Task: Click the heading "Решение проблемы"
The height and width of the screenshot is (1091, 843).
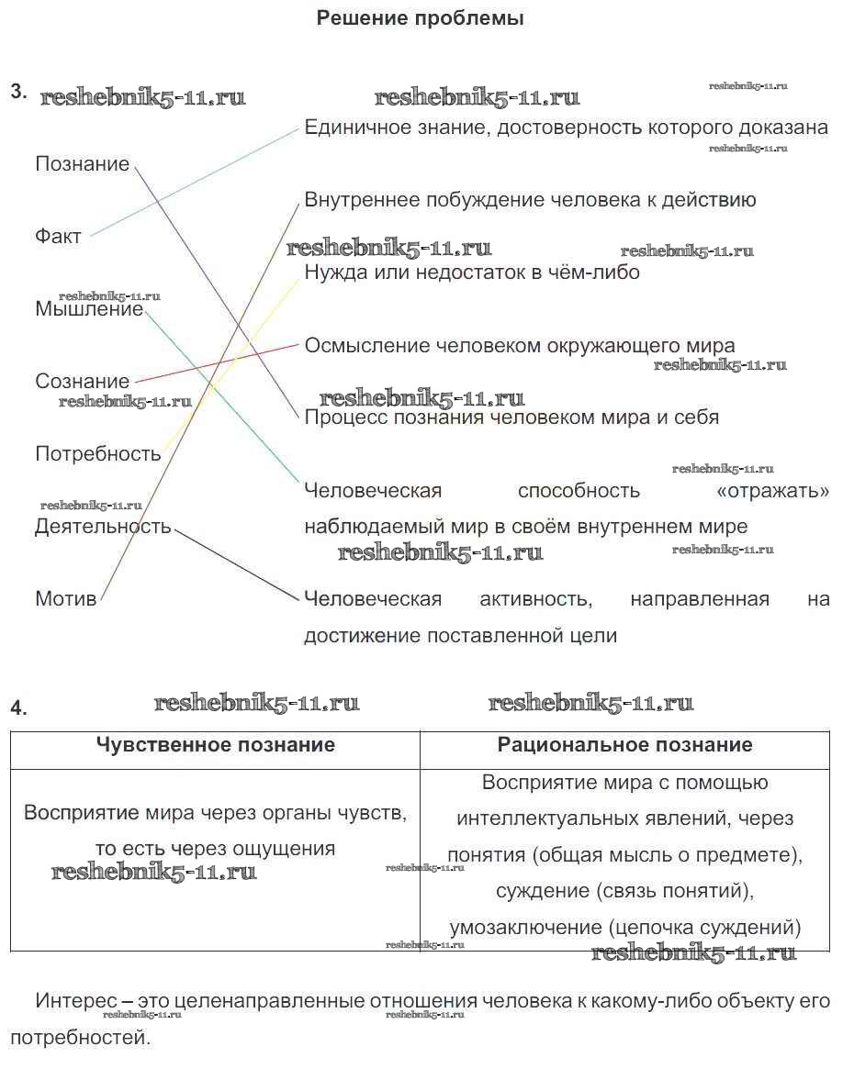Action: (x=420, y=18)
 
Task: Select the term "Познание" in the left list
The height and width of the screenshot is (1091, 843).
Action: (x=83, y=164)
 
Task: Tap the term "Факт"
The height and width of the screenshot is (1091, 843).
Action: (x=59, y=237)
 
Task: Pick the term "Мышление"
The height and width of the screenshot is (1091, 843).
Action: (x=89, y=309)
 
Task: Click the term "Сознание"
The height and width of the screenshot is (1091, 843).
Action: (x=83, y=381)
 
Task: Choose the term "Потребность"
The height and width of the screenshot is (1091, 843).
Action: (x=98, y=453)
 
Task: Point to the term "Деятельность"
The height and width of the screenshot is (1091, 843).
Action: (x=103, y=527)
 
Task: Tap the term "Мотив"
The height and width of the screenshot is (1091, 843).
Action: (x=65, y=599)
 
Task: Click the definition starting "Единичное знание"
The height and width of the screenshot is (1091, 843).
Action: (x=566, y=128)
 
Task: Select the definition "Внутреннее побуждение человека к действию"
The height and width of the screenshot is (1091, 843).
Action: (x=530, y=200)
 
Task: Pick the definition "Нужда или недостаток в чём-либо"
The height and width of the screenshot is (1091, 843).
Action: (x=472, y=273)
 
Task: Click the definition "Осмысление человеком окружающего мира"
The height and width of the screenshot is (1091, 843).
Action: (x=520, y=346)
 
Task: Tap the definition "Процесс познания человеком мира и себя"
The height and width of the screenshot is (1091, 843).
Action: (x=511, y=417)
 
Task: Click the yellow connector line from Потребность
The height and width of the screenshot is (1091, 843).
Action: (x=230, y=367)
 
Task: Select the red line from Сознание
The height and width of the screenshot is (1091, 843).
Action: (x=217, y=362)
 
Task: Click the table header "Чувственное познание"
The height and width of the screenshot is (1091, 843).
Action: (x=216, y=745)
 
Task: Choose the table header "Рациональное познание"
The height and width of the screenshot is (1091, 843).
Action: (x=624, y=745)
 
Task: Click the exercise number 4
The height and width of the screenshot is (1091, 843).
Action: (x=19, y=707)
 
